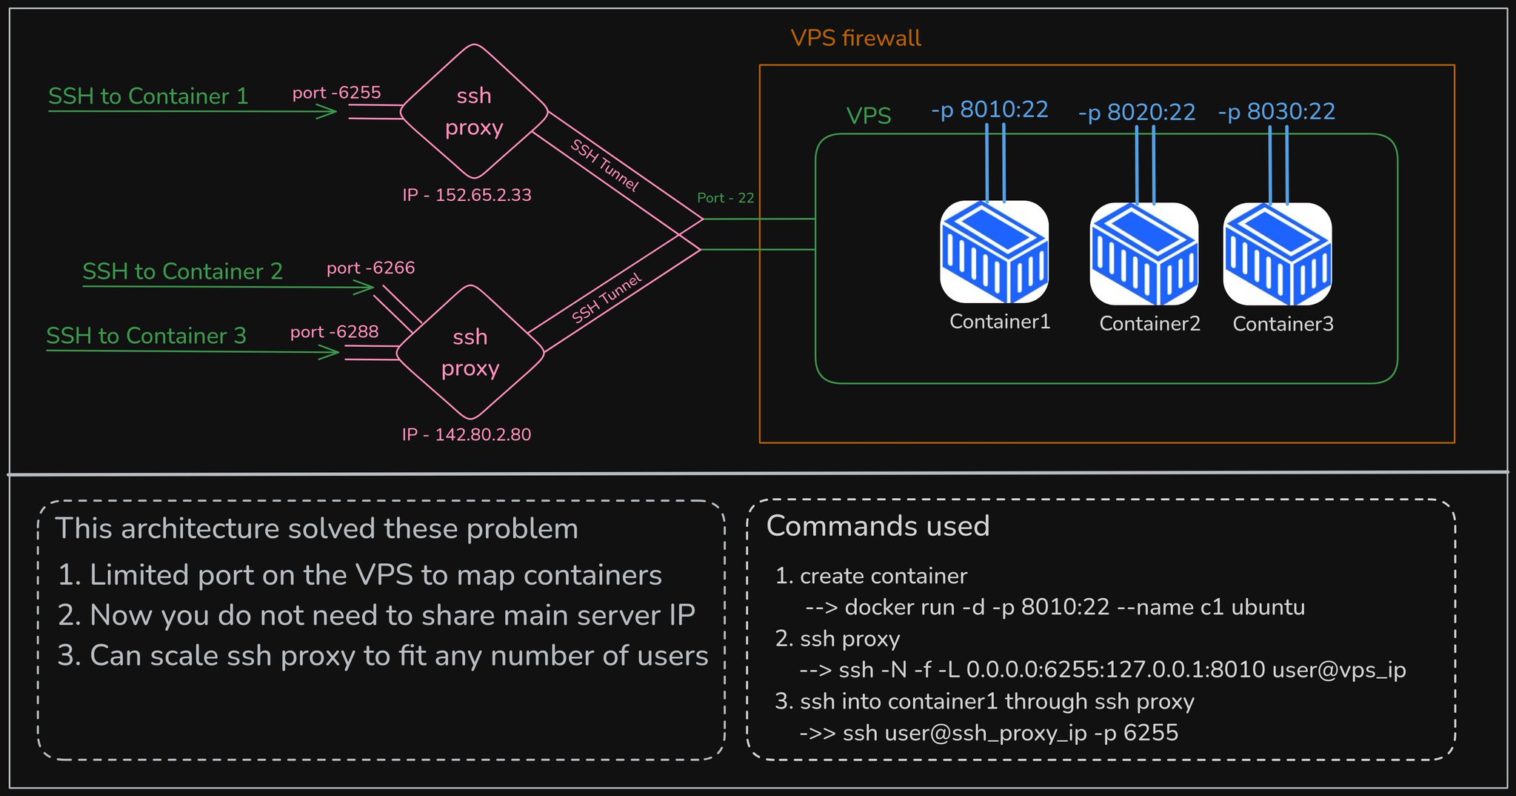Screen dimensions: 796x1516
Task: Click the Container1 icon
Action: [x=994, y=252]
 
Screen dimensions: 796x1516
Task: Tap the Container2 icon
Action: [x=1144, y=254]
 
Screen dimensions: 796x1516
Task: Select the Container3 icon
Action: [x=1278, y=254]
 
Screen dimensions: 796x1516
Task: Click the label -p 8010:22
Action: [x=989, y=110]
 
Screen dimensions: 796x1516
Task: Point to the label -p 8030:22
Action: [x=1277, y=112]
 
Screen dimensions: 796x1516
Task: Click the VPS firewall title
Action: [x=855, y=39]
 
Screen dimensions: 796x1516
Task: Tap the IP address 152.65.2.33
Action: [x=467, y=195]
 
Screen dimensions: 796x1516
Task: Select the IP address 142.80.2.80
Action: [x=467, y=434]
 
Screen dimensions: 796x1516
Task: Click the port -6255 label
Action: [x=336, y=93]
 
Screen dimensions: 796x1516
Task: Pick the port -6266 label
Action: [x=370, y=268]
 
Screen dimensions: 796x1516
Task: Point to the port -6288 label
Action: [x=334, y=332]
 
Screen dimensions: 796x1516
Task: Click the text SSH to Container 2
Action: [x=182, y=272]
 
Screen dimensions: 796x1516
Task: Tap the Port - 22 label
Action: [x=725, y=198]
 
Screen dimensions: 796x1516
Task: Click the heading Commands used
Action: [x=878, y=526]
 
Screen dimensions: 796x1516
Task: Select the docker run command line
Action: [x=1055, y=608]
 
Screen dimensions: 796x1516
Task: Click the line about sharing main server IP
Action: [x=376, y=616]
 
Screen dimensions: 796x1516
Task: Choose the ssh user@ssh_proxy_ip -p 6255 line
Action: [x=989, y=733]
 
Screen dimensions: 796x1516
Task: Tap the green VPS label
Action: [x=868, y=116]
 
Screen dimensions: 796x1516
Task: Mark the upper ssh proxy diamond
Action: [x=474, y=111]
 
